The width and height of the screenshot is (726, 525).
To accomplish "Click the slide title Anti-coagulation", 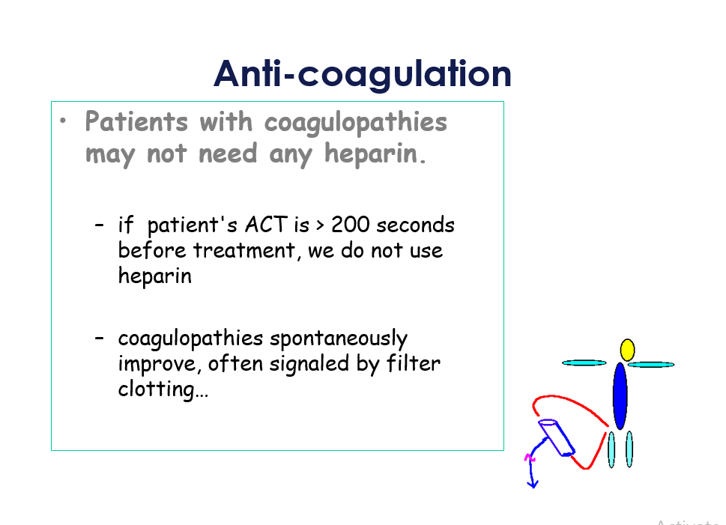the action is pos(363,74).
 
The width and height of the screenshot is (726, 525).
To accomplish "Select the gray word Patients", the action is pos(136,122).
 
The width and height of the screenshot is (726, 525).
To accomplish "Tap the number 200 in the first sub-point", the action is pos(351,225).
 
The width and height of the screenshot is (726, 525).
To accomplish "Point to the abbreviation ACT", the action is pos(266,225).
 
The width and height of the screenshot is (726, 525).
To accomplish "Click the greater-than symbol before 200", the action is pos(320,225).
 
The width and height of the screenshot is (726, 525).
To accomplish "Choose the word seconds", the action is pos(415,225).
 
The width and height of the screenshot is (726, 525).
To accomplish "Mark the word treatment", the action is pos(244,250).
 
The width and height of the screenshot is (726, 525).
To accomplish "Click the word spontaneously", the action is pos(339,339).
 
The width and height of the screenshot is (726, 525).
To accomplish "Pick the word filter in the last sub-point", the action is pos(413,363).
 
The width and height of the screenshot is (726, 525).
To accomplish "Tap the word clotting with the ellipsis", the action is pos(163,389).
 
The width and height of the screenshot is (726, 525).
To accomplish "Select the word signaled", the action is pos(309,364).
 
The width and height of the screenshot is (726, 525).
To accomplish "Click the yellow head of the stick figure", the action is pos(627,350).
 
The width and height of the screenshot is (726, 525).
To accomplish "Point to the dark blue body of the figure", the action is pos(620,396).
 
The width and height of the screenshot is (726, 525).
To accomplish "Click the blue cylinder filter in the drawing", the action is pos(557,437).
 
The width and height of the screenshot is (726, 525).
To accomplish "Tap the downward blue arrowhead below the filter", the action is pos(533,485).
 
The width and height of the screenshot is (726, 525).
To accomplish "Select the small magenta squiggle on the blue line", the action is pos(529,458).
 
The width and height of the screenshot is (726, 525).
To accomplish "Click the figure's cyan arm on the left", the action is pos(584,363).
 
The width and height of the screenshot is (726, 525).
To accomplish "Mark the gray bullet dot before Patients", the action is pos(63,121).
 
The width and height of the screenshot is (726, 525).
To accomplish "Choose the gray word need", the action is pos(227,154).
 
